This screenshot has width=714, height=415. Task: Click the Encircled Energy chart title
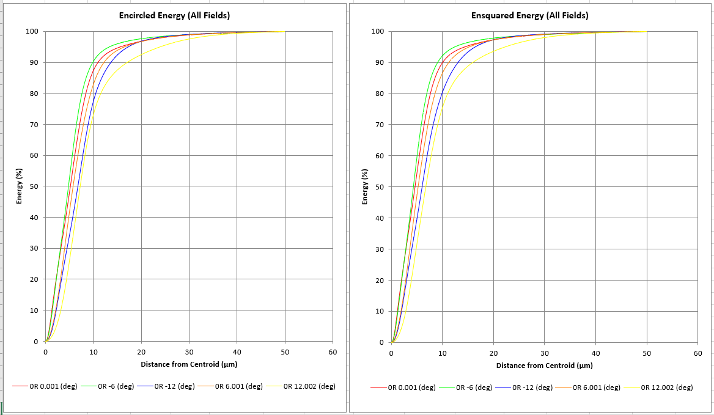tap(174, 15)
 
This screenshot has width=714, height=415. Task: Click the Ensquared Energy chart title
tap(529, 15)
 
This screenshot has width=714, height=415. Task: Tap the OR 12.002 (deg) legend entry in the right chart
tap(667, 387)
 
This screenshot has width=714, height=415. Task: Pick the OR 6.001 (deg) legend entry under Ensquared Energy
tap(596, 387)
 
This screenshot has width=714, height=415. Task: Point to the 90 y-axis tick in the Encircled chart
tap(34, 62)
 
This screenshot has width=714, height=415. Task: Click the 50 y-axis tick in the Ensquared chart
tap(380, 186)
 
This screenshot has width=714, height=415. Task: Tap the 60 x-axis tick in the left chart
tap(333, 353)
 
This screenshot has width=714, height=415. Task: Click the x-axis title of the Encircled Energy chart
tap(189, 364)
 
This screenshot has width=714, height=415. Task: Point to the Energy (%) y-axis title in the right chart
tap(365, 186)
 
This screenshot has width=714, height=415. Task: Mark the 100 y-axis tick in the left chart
tap(32, 31)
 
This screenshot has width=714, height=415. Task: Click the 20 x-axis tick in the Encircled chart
tap(141, 353)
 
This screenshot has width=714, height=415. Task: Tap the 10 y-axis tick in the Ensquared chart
tap(380, 311)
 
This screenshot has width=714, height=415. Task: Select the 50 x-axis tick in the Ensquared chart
tap(647, 353)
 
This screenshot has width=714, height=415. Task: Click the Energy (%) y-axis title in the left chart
tap(19, 186)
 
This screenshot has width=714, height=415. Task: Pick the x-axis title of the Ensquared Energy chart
tap(544, 365)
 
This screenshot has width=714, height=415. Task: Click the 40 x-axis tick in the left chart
tap(237, 353)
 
